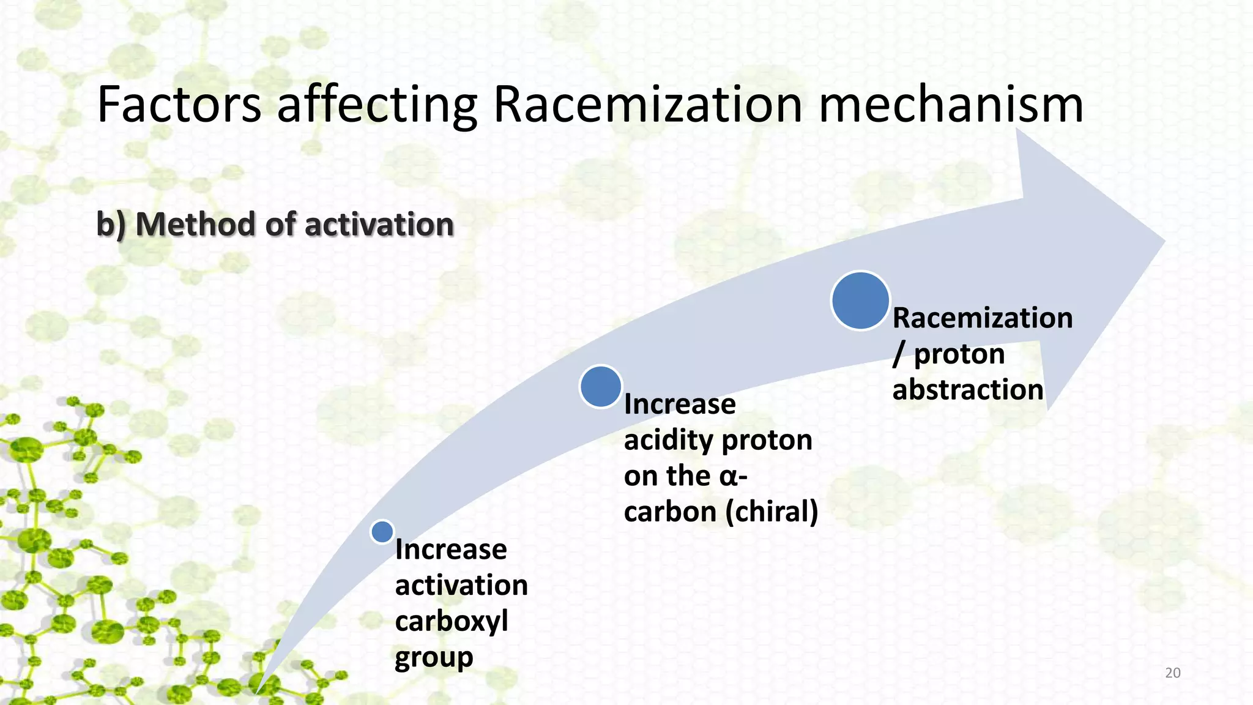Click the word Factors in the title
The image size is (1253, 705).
tap(179, 105)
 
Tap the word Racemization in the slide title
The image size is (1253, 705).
tap(647, 105)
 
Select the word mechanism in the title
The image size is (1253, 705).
tap(951, 105)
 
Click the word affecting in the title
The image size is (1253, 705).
tap(377, 105)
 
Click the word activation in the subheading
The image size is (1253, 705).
tap(379, 224)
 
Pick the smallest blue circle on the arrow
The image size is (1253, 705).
tap(382, 532)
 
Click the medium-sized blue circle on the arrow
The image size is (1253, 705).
tap(601, 386)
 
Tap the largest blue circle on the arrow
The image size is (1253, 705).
tap(860, 300)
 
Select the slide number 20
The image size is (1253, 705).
tap(1172, 673)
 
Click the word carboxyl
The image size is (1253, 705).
tap(452, 622)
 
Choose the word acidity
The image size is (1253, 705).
tap(667, 440)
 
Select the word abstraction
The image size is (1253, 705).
tap(967, 390)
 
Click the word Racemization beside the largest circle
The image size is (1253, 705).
tap(983, 318)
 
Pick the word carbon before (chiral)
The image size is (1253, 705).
tap(670, 512)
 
